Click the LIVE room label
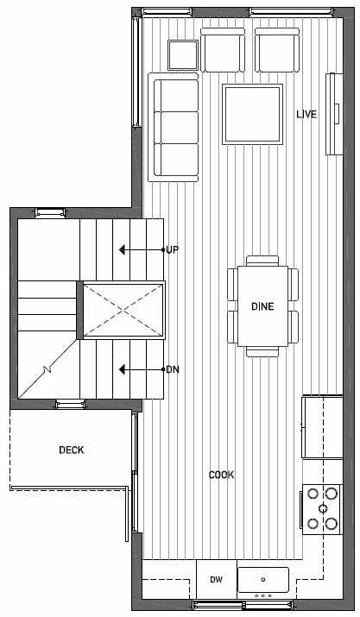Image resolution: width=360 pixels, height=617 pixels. point(306,114)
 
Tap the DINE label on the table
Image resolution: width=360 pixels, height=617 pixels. point(262,306)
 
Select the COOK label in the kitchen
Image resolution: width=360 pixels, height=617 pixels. point(221,475)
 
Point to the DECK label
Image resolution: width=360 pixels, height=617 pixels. point(72,450)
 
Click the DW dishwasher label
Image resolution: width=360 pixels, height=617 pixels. point(216,579)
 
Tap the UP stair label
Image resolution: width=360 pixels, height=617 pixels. point(172,250)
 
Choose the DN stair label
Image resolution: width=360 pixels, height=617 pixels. point(173,369)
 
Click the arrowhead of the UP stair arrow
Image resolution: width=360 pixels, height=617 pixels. point(122,250)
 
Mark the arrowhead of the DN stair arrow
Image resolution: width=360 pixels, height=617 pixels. point(122,369)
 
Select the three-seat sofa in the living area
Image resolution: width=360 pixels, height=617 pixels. point(174,127)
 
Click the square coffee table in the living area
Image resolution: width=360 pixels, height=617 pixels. point(252,114)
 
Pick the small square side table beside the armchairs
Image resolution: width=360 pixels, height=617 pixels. point(183,55)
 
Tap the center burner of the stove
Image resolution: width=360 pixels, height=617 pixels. point(323,508)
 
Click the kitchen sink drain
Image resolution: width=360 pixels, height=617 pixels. point(263,579)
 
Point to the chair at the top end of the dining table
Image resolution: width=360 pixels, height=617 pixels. point(262,261)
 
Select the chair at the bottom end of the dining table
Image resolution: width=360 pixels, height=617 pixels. point(262,352)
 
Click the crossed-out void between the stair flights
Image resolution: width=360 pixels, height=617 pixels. point(123,310)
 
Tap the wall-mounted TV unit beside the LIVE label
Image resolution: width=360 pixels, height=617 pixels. point(332,114)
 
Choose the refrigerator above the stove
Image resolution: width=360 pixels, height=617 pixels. point(322,427)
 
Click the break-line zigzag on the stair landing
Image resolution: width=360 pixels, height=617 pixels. point(47,369)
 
